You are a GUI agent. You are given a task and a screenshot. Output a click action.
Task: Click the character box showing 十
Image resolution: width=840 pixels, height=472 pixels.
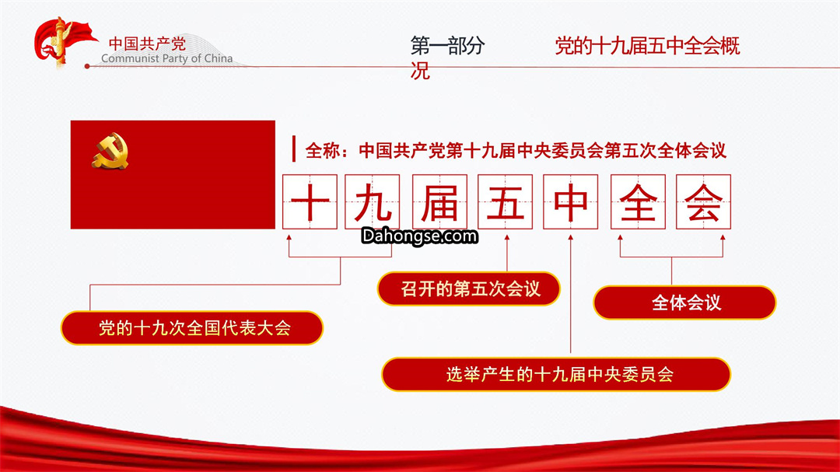(x=310, y=202)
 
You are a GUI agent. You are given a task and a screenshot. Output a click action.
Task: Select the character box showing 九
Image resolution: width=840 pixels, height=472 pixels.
(x=373, y=202)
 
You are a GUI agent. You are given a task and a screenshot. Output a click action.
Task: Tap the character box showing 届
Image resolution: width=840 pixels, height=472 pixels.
(x=439, y=202)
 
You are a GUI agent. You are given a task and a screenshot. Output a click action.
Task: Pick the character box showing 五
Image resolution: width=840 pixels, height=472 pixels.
(x=506, y=202)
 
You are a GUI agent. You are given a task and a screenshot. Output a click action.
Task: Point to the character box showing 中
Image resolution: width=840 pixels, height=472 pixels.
(x=571, y=202)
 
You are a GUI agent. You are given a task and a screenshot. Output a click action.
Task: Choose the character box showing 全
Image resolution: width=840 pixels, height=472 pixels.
(x=638, y=202)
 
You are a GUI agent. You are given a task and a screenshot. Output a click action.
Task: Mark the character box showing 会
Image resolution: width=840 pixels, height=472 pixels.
(x=703, y=202)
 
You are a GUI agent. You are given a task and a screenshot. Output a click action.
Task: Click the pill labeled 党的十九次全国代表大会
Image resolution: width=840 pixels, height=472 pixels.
(x=192, y=328)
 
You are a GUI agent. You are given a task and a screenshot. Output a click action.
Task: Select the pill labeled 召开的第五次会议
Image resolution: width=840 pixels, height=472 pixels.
(x=469, y=288)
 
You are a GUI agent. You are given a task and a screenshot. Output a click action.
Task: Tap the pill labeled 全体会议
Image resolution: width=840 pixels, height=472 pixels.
(x=684, y=302)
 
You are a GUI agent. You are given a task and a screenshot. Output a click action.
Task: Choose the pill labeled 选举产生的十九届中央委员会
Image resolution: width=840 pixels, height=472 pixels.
(x=556, y=374)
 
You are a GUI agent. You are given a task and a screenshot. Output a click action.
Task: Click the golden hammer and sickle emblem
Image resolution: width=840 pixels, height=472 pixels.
(x=110, y=152)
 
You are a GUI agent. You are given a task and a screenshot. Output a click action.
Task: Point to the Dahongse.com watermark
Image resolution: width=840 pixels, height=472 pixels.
(x=419, y=236)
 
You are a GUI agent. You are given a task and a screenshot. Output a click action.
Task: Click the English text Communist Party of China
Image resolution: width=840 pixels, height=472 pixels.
(x=166, y=58)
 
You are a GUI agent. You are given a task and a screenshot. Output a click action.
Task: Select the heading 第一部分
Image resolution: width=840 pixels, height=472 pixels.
(x=448, y=46)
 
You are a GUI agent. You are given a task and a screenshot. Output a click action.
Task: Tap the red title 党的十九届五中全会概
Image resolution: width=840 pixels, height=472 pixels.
(x=647, y=46)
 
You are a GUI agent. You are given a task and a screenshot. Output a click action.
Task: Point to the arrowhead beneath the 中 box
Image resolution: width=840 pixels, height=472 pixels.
(x=571, y=237)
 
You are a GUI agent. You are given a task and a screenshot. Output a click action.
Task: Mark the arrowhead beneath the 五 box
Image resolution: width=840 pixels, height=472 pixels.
(x=507, y=237)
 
